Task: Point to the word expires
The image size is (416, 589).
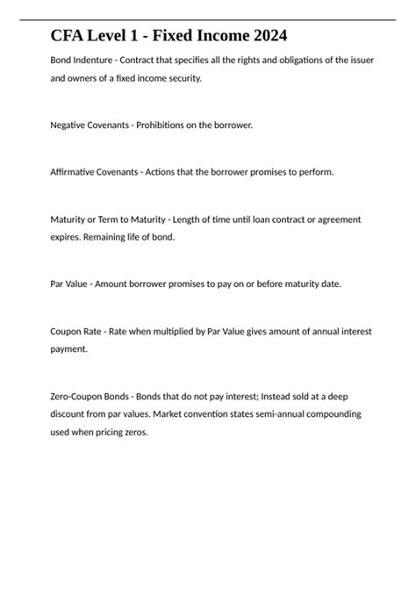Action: (68, 236)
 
